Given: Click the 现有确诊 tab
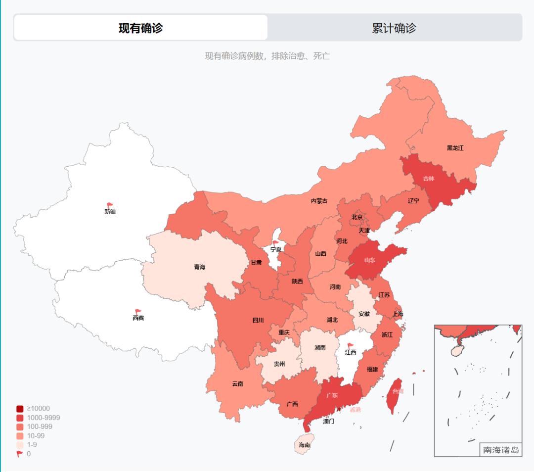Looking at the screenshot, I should click(140, 28).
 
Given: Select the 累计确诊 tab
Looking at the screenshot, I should click(394, 28).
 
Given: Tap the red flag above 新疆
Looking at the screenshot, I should click(110, 205).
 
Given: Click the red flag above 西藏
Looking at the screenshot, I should click(138, 312).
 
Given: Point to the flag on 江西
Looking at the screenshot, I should click(351, 346).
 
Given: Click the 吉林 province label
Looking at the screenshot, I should click(429, 179).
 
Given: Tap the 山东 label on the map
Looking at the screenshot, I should click(370, 260).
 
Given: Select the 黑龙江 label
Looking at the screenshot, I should click(455, 148).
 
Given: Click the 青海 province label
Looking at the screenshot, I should click(199, 267).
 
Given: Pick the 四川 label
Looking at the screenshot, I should click(258, 320).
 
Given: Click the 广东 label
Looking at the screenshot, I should click(332, 395).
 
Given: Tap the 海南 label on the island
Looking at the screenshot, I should click(305, 445).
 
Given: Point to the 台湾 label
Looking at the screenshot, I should click(398, 391).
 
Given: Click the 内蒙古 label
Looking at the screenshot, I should click(319, 201).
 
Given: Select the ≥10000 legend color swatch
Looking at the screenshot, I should click(20, 409).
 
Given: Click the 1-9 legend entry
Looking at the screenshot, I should click(32, 444).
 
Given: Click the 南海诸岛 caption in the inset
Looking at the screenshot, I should click(501, 450).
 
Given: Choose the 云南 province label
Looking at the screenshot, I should click(237, 383).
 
